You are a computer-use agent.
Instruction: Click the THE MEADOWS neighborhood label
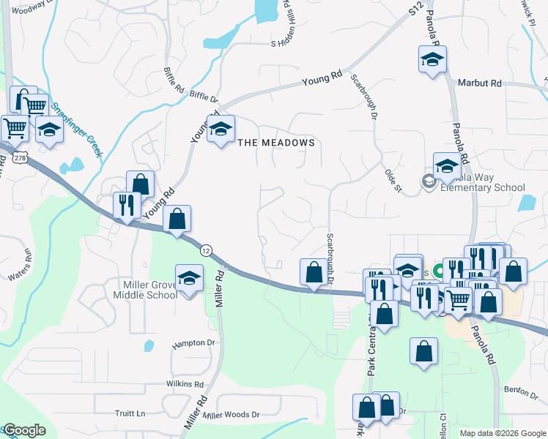click(x=278, y=143)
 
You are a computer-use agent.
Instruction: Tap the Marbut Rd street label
click(x=479, y=83)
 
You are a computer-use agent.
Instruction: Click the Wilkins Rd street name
click(x=184, y=383)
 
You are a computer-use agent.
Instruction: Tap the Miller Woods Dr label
click(x=232, y=415)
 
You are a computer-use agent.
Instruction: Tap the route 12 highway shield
click(x=207, y=249)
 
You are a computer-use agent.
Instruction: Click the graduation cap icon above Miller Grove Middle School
click(x=189, y=279)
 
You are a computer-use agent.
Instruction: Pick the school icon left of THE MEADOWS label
click(x=220, y=130)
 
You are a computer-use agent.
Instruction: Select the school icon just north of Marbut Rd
click(x=432, y=59)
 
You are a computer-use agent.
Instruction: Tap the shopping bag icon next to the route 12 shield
click(x=177, y=218)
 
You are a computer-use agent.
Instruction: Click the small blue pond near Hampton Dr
click(x=149, y=345)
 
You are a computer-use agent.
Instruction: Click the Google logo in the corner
click(x=24, y=430)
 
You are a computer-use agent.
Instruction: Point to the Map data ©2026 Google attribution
click(x=503, y=433)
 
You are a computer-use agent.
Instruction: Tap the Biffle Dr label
click(x=204, y=97)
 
